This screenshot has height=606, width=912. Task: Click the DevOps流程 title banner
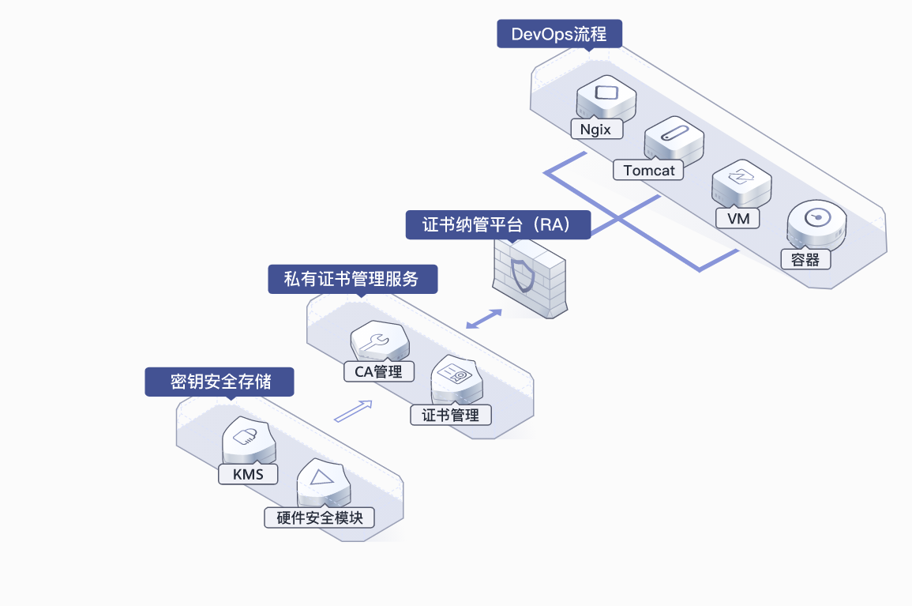pos(560,34)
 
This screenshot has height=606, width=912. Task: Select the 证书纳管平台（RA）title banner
pos(498,224)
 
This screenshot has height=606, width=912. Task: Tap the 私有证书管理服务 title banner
pos(352,280)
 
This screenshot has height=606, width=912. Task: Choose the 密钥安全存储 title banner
pos(220,382)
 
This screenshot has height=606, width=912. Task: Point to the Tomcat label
pos(648,170)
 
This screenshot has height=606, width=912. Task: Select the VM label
pos(737,219)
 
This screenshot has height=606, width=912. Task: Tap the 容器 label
pos(805,260)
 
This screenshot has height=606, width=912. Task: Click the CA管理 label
pos(379,371)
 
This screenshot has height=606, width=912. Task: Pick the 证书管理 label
pos(451,415)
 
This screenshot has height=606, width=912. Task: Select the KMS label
pos(248,474)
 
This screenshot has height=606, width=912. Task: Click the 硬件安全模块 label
pos(319,518)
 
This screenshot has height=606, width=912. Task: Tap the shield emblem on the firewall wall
pos(523,276)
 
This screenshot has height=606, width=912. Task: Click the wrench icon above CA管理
pos(376,342)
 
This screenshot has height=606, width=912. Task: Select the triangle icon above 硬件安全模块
pos(321,478)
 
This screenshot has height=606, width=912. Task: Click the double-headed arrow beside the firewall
pos(484,319)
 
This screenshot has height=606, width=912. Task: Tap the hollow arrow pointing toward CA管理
pos(353,411)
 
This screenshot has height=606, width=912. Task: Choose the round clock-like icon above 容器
pos(817,217)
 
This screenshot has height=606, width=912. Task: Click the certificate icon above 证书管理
pos(454,373)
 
